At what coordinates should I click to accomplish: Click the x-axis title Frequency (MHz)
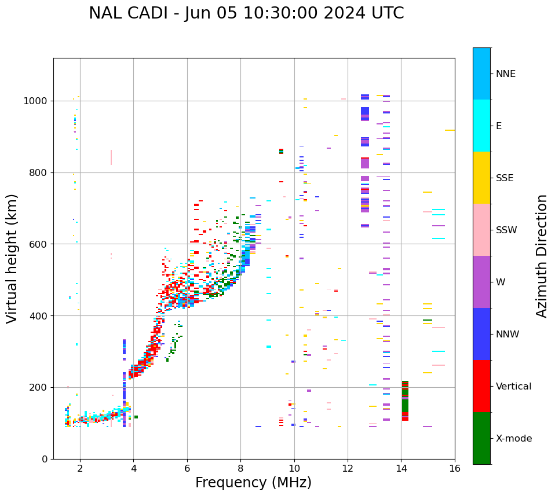(x=253, y=483)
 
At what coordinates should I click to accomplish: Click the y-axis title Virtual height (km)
(x=12, y=259)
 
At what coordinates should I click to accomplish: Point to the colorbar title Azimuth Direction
(x=542, y=256)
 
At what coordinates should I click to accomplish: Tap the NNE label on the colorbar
(x=505, y=74)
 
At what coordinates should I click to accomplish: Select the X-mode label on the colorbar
(x=513, y=439)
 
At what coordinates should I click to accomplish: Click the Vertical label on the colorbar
(x=513, y=387)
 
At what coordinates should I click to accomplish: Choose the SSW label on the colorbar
(x=506, y=230)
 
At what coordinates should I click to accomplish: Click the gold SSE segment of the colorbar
(x=481, y=178)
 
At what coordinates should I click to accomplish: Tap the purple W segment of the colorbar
(x=481, y=282)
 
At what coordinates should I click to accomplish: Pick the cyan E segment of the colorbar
(x=481, y=126)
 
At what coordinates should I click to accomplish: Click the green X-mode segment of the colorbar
(x=481, y=438)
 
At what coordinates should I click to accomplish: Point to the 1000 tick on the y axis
(x=36, y=101)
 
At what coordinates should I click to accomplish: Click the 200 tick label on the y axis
(x=39, y=388)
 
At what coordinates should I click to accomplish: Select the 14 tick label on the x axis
(x=401, y=468)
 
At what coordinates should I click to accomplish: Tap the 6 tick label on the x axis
(x=187, y=468)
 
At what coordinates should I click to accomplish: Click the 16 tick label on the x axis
(x=455, y=468)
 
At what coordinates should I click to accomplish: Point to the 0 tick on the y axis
(x=44, y=459)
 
